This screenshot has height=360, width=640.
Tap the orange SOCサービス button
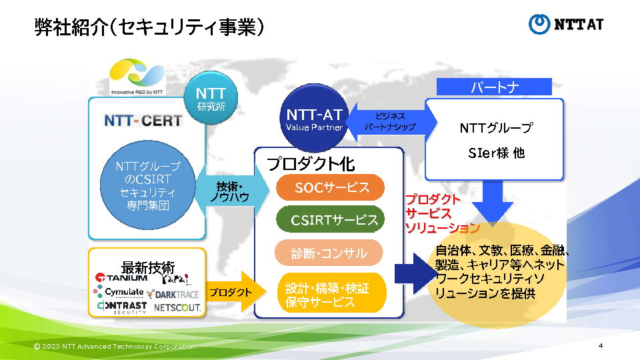[331, 187]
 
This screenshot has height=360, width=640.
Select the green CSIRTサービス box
[331, 220]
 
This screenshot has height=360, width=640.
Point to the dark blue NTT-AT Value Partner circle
[314, 118]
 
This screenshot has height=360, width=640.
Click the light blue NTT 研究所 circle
[211, 100]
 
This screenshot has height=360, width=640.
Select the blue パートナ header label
[495, 87]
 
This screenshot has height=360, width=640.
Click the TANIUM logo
[121, 278]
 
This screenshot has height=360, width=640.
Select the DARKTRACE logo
[173, 293]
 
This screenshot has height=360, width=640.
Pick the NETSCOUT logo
[177, 308]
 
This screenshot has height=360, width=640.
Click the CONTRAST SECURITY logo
[121, 307]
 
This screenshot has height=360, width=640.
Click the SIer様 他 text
[496, 153]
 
